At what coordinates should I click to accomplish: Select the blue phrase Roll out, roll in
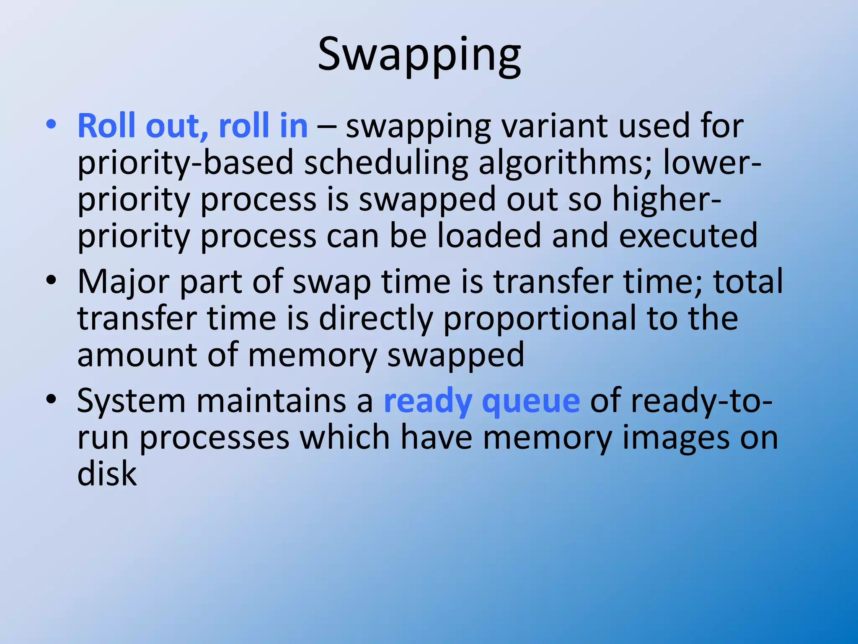[x=193, y=125]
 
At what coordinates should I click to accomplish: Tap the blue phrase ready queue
[x=482, y=401]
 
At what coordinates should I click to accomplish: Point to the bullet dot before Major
[x=51, y=280]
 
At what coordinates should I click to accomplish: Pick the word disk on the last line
[x=107, y=474]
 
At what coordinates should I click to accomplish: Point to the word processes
[x=214, y=438]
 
